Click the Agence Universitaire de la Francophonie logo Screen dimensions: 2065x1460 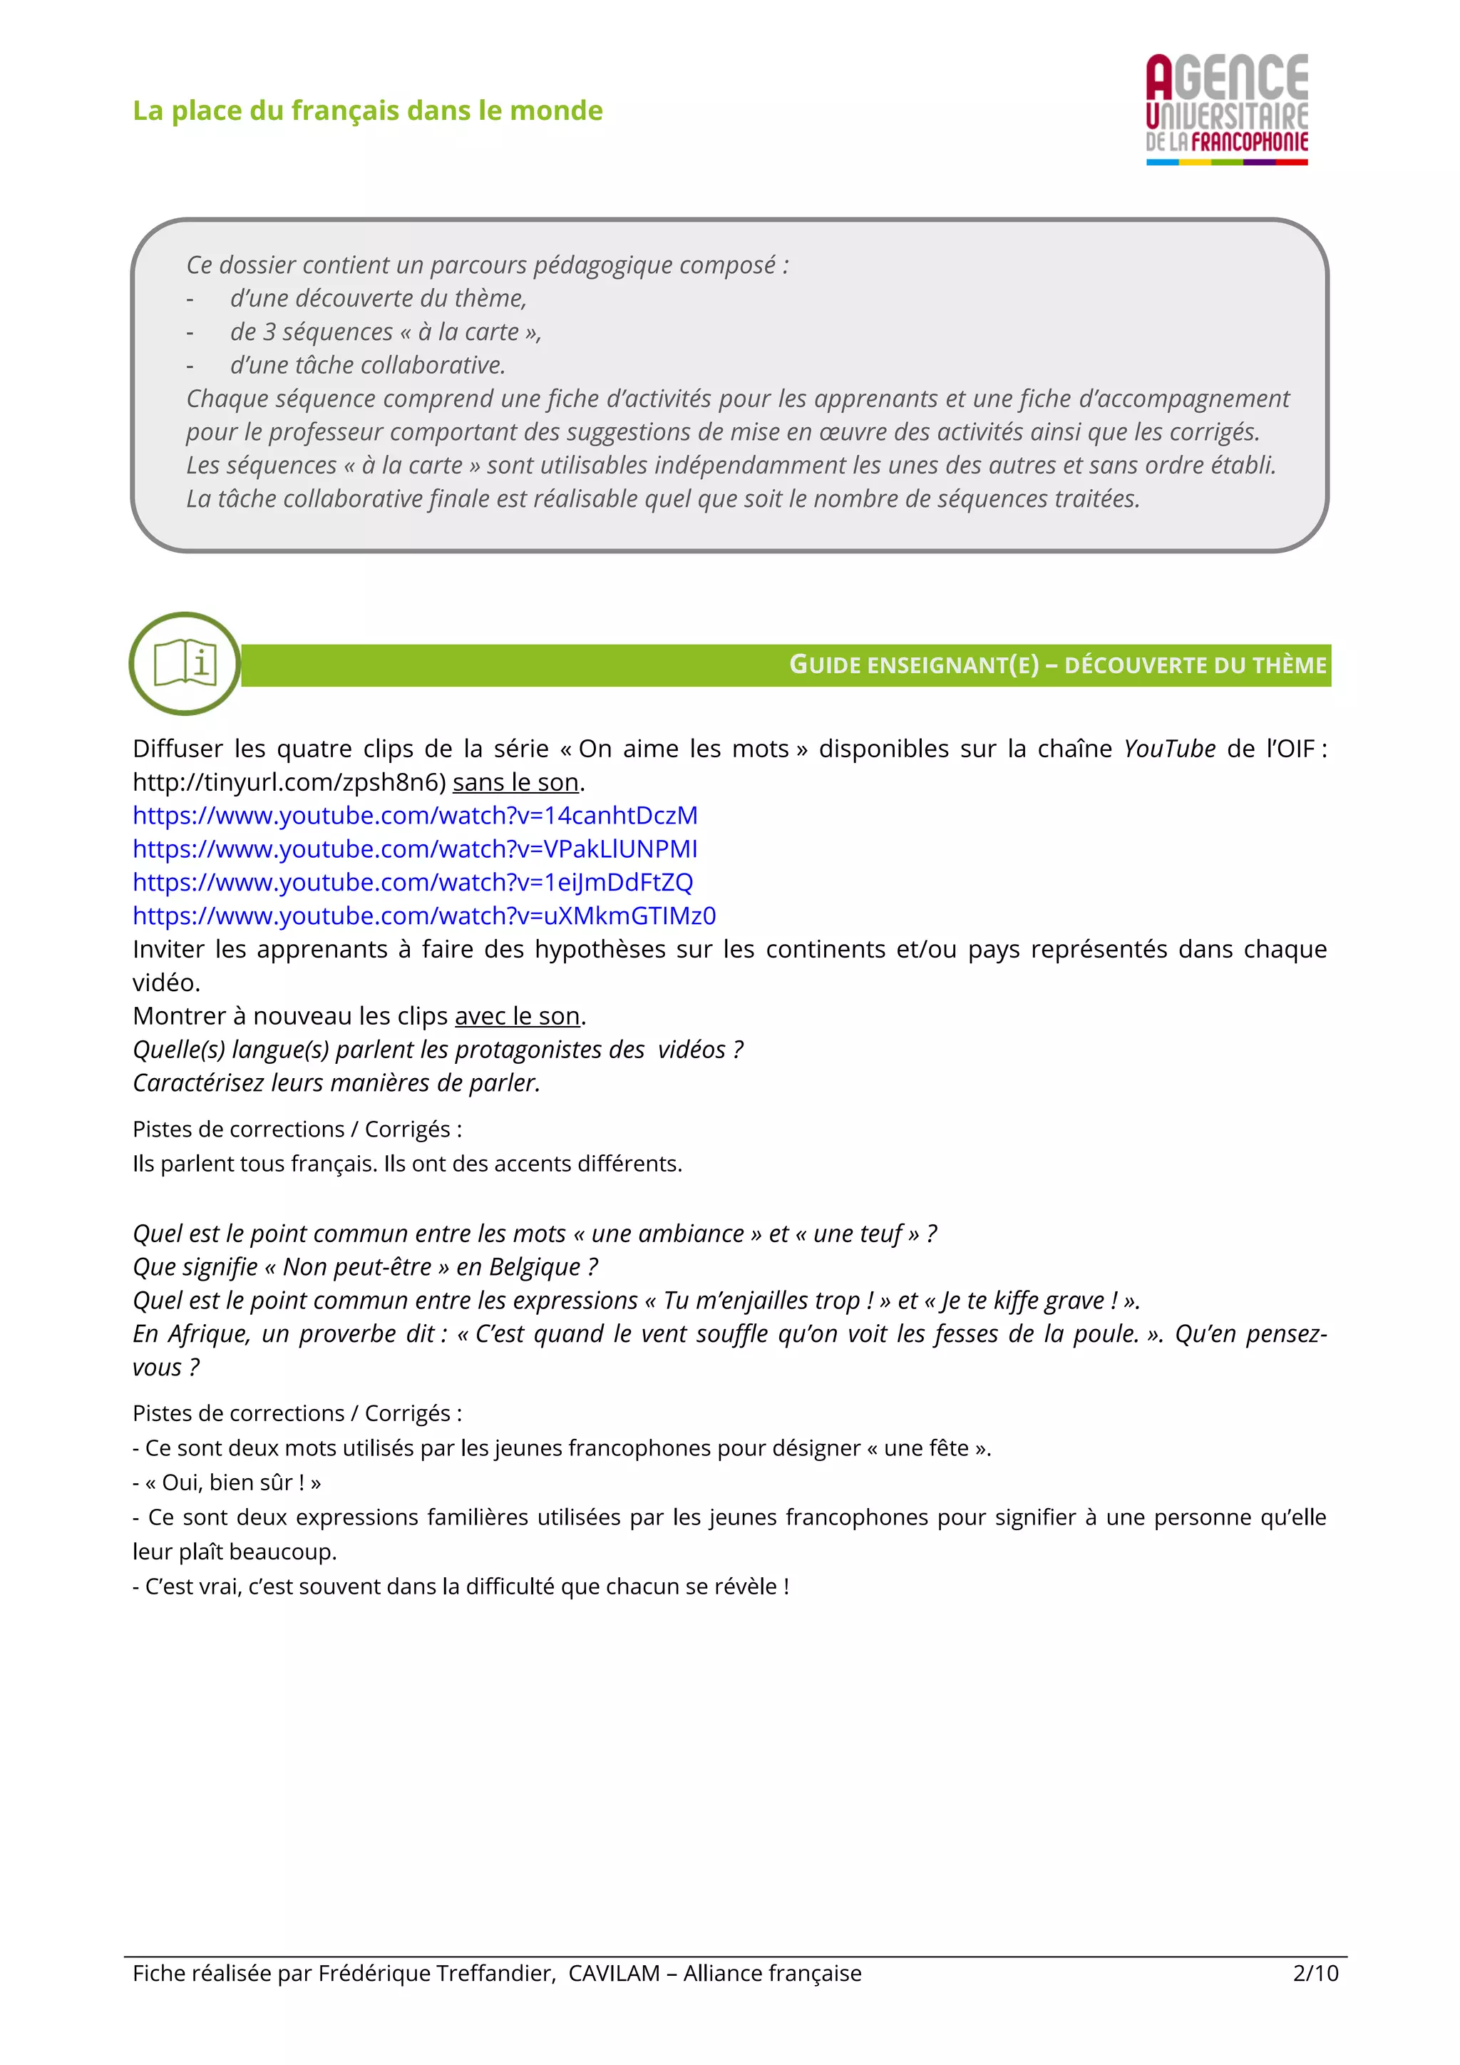pyautogui.click(x=1226, y=109)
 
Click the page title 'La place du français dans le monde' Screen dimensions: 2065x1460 pyautogui.click(x=368, y=111)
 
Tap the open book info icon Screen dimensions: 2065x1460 pyautogui.click(x=185, y=664)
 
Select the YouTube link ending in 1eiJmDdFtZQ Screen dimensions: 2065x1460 pyautogui.click(x=413, y=882)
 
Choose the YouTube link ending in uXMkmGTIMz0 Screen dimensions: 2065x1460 pyautogui.click(x=423, y=916)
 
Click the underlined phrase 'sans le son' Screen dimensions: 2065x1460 pyautogui.click(x=515, y=782)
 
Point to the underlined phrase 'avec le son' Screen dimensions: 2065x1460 pyautogui.click(x=517, y=1016)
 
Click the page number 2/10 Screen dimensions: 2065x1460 pyautogui.click(x=1315, y=1973)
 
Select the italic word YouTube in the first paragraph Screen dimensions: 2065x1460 pyautogui.click(x=1168, y=749)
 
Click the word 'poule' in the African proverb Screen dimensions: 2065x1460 pyautogui.click(x=1105, y=1334)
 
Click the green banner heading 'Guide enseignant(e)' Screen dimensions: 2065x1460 pyautogui.click(x=913, y=665)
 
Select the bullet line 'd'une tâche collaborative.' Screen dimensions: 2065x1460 pyautogui.click(x=368, y=365)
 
